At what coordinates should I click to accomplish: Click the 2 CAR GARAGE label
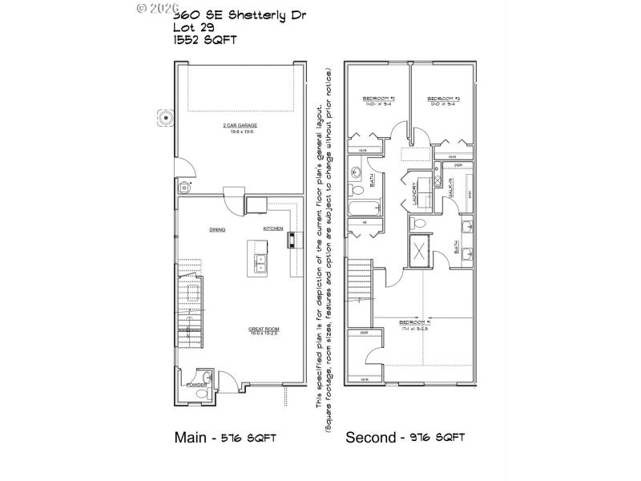[240, 126]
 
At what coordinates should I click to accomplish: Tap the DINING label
[217, 229]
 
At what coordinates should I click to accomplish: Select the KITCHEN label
[273, 229]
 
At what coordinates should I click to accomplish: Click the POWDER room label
[196, 386]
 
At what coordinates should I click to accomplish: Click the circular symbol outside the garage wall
[166, 117]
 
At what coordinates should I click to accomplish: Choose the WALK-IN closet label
[451, 189]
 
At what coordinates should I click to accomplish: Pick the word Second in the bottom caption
[370, 438]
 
